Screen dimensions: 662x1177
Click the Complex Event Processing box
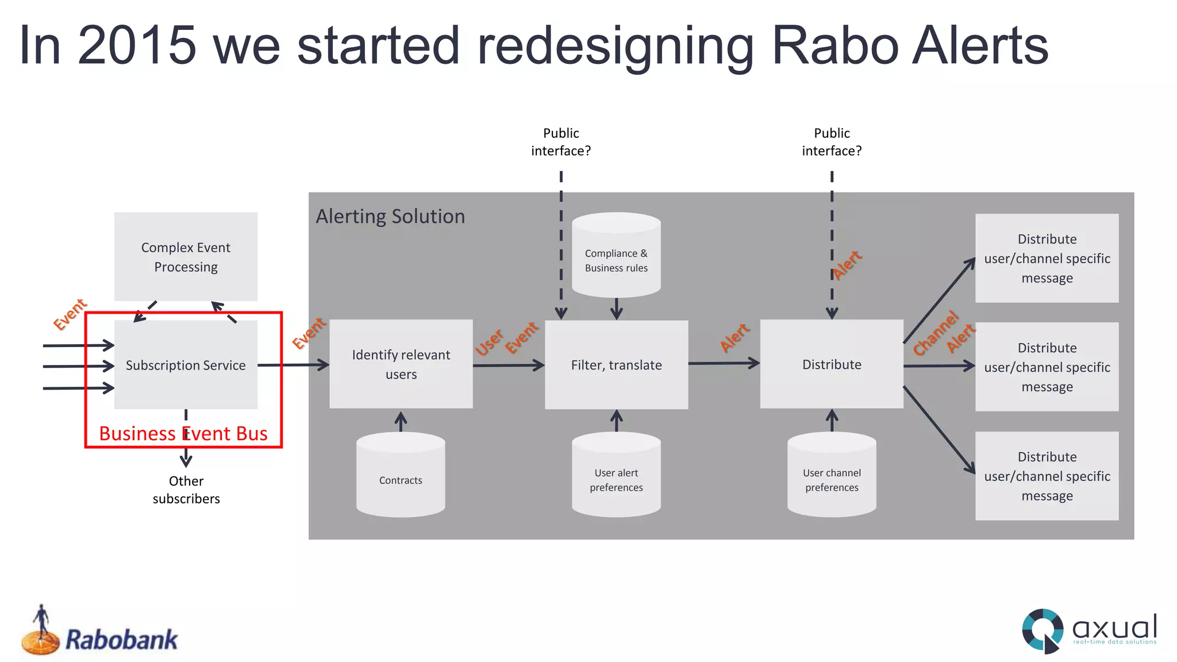tap(186, 257)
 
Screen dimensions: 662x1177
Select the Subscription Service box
tap(186, 365)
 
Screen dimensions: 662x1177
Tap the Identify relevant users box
tap(401, 364)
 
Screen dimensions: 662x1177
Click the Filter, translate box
tap(616, 365)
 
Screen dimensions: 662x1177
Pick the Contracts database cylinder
tap(401, 475)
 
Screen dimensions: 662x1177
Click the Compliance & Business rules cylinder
tap(616, 256)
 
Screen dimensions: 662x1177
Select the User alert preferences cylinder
tap(616, 475)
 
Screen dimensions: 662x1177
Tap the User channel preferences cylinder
tap(832, 475)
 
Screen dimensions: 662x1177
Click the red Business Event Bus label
tap(183, 433)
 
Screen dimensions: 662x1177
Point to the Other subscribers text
tap(186, 490)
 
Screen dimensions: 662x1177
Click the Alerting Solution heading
tap(390, 217)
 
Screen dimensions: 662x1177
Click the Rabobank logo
tap(101, 633)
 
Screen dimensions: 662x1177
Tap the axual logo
tap(1089, 630)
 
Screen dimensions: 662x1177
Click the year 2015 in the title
tap(137, 46)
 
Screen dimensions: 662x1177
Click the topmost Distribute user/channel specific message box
tap(1047, 259)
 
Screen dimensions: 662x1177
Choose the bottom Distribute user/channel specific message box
tap(1047, 476)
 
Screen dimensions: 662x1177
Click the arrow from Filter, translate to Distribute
tap(724, 363)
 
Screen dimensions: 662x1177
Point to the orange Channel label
tap(936, 333)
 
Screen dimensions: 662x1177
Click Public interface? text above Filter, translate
tap(561, 142)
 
